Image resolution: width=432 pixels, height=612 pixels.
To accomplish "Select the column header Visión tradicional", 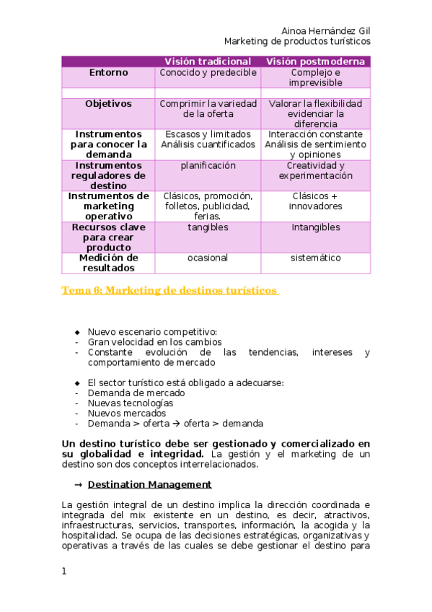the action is pyautogui.click(x=208, y=61).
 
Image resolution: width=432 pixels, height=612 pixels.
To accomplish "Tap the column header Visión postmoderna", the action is pyautogui.click(x=315, y=61).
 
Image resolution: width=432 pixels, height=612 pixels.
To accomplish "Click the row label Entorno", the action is pyautogui.click(x=108, y=73).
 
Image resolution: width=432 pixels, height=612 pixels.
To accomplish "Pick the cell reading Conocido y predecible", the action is pyautogui.click(x=208, y=73).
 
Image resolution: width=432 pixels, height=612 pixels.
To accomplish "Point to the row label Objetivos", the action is pyautogui.click(x=108, y=104).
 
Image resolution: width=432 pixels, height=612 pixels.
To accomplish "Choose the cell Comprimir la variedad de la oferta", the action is pyautogui.click(x=208, y=109).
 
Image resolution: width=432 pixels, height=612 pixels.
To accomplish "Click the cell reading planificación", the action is pyautogui.click(x=208, y=165).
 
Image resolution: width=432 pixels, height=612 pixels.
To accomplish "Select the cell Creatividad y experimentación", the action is pyautogui.click(x=315, y=170).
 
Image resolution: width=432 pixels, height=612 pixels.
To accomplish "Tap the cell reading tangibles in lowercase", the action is pyautogui.click(x=208, y=227).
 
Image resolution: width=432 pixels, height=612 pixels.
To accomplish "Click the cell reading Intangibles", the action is pyautogui.click(x=315, y=227).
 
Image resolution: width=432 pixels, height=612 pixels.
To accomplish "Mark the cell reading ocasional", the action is pyautogui.click(x=208, y=258).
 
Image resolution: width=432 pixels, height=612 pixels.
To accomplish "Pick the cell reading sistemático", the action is pyautogui.click(x=315, y=258).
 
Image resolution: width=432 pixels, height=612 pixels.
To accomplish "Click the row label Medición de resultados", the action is pyautogui.click(x=108, y=263).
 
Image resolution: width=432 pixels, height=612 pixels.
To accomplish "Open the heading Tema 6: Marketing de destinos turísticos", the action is pyautogui.click(x=170, y=290).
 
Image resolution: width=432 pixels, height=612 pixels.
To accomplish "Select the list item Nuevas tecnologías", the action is pyautogui.click(x=131, y=403).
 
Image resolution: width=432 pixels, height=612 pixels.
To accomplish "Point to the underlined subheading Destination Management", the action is pyautogui.click(x=154, y=484).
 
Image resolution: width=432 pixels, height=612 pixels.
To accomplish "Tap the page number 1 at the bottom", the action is pyautogui.click(x=64, y=572).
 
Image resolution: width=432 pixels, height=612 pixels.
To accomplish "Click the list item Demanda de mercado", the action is pyautogui.click(x=136, y=393).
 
